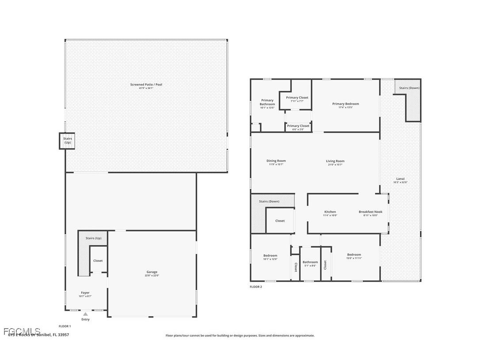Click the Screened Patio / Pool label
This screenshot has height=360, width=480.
[146, 86]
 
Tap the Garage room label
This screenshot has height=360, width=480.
[152, 273]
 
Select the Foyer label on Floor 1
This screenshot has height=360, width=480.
[85, 294]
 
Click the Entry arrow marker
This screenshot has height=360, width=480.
[85, 314]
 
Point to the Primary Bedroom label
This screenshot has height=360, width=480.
[346, 105]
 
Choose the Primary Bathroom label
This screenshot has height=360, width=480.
[267, 103]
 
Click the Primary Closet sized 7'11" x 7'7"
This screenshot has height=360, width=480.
[297, 99]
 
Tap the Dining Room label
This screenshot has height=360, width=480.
[276, 162]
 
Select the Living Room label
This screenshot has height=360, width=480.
[335, 162]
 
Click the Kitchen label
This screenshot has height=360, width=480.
[330, 213]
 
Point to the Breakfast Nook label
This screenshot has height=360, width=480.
[370, 213]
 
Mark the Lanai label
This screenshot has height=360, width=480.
[400, 180]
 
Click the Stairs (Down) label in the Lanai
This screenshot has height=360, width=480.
[409, 88]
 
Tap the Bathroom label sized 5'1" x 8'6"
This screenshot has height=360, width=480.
[310, 264]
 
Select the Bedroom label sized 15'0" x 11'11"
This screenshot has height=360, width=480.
[354, 256]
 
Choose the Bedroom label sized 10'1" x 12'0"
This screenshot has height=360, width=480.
[270, 257]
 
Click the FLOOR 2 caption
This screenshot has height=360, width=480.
[256, 287]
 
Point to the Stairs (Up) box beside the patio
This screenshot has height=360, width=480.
[67, 141]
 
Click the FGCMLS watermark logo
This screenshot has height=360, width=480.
[22, 331]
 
